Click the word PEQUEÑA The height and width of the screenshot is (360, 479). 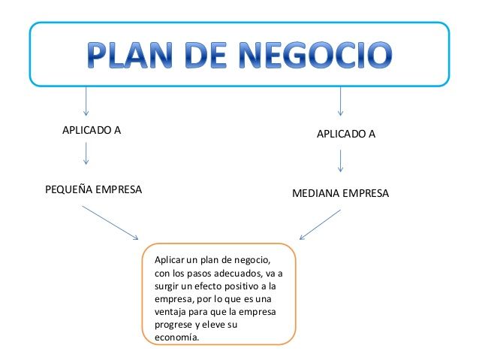coord(69,189)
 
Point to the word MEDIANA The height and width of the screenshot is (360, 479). coord(316,193)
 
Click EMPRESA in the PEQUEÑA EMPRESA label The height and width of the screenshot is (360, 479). coord(119,189)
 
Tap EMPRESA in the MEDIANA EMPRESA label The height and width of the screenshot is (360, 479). coord(366,193)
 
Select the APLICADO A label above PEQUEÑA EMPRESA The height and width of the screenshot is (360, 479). coord(92,130)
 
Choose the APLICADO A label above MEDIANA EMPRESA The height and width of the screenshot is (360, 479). coord(346,134)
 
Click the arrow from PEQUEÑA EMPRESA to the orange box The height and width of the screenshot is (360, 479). coord(110,222)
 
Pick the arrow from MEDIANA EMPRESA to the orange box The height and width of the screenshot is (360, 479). coord(320,225)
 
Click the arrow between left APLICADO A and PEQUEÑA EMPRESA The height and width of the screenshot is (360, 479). coord(86,153)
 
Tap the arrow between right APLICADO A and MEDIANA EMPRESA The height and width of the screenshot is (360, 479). coord(340,161)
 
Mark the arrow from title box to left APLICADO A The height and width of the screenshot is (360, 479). coord(86,101)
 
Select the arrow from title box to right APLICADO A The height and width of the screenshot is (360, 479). coord(340,101)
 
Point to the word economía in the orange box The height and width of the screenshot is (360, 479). coord(177,337)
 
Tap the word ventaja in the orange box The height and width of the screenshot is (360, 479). coord(170,312)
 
